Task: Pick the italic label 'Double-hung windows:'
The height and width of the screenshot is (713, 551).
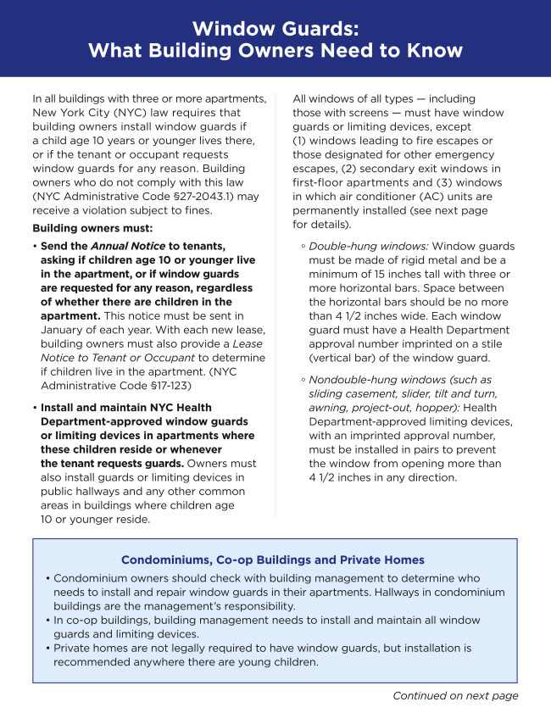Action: tap(369, 247)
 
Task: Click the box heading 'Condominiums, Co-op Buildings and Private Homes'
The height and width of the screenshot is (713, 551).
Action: tap(273, 560)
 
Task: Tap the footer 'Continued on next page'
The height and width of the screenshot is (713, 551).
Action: tap(455, 696)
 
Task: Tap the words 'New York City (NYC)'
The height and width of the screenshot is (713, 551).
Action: tap(90, 113)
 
